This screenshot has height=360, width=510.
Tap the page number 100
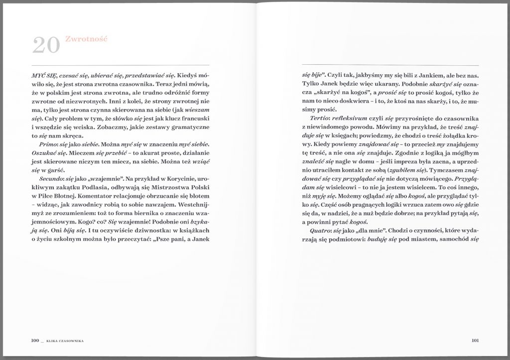[34, 341]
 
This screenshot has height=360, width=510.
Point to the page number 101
[475, 341]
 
